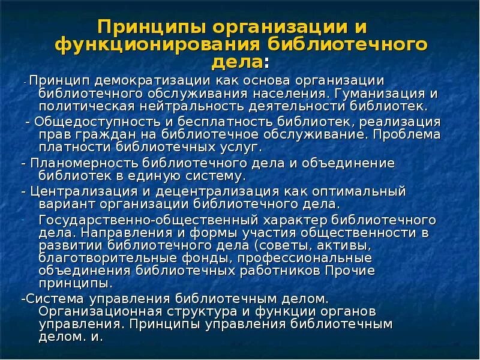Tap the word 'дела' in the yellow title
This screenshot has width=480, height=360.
tap(238, 62)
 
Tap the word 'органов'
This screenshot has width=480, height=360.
tap(346, 311)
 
